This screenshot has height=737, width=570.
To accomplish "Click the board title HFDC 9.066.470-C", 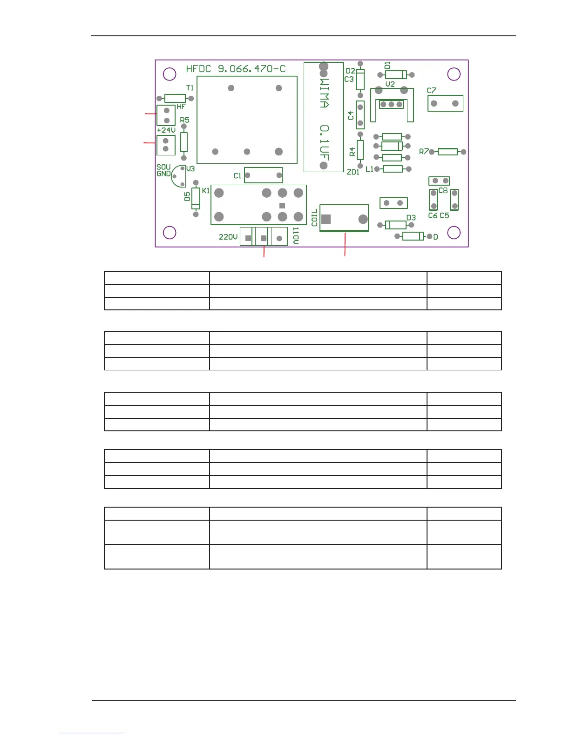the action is pyautogui.click(x=236, y=69).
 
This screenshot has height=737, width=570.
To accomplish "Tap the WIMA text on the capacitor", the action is pyautogui.click(x=325, y=93).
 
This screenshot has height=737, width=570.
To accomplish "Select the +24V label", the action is pyautogui.click(x=166, y=130).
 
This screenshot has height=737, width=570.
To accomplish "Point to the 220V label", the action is pyautogui.click(x=228, y=237).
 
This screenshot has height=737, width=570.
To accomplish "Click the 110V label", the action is pyautogui.click(x=296, y=236).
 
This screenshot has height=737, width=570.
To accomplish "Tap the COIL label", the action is pyautogui.click(x=314, y=217).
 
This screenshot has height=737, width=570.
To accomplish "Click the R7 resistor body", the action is pyautogui.click(x=448, y=152).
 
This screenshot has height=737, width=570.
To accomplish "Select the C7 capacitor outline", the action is pyautogui.click(x=445, y=103).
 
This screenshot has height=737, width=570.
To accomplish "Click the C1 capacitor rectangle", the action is pyautogui.click(x=263, y=175).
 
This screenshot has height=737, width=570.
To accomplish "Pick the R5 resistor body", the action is pyautogui.click(x=184, y=142).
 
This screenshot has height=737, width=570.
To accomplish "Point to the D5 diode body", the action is pyautogui.click(x=196, y=198).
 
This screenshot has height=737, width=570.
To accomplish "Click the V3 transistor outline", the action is pyautogui.click(x=178, y=176).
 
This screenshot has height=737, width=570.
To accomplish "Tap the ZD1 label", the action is pyautogui.click(x=353, y=172).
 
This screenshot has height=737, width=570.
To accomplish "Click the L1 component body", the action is pyautogui.click(x=393, y=169).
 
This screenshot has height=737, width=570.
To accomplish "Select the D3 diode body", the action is pyautogui.click(x=396, y=225).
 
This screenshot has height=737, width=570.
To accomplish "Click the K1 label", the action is pyautogui.click(x=206, y=191).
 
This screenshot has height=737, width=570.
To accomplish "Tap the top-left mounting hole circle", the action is pyautogui.click(x=170, y=74).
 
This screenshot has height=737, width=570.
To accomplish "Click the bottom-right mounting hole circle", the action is pyautogui.click(x=454, y=232).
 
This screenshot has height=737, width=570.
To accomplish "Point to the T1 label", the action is pyautogui.click(x=190, y=88).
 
